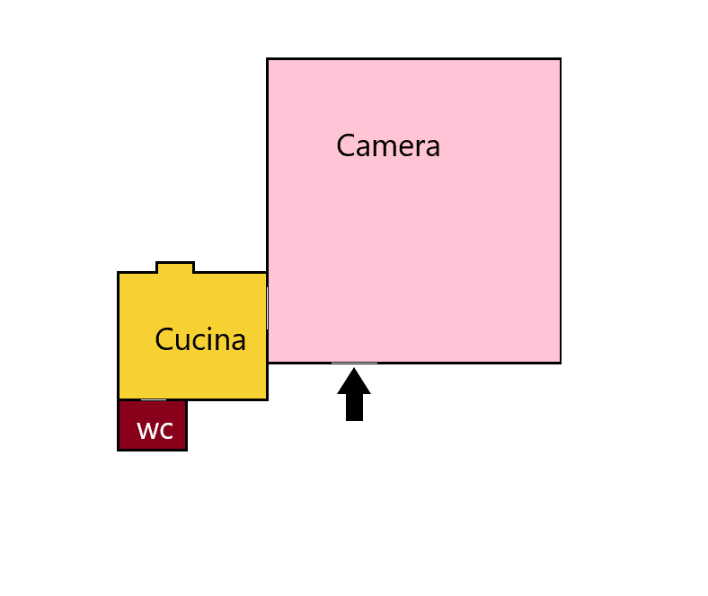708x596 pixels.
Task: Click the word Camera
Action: (388, 145)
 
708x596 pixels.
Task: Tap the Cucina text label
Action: (200, 340)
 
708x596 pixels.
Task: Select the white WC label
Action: (155, 431)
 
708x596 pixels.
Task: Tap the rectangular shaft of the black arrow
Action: (354, 407)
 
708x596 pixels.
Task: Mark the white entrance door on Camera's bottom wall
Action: (354, 363)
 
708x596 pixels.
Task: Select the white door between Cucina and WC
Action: (154, 399)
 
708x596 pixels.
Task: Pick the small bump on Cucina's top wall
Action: (174, 267)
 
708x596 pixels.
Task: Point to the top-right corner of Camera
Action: (561, 59)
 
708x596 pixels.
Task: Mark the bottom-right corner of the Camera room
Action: (561, 363)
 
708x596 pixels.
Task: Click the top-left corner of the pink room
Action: (268, 59)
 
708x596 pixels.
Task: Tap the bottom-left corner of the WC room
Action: (119, 449)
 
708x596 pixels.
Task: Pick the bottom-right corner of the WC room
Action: (186, 449)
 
